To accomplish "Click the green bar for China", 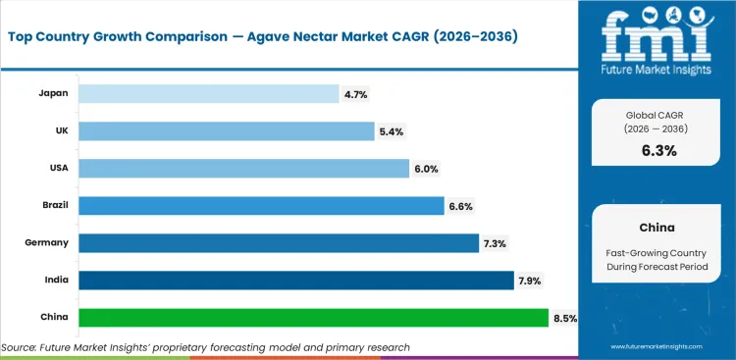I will [x=313, y=318].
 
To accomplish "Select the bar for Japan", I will [x=208, y=93].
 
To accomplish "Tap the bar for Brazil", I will [x=261, y=205].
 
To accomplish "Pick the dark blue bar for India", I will [x=295, y=281].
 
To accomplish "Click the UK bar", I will [x=227, y=130].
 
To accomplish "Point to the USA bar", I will [x=243, y=168].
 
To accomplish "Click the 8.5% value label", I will [x=564, y=318].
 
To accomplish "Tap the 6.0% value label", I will [x=426, y=169].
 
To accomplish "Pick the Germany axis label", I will [x=45, y=242].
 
